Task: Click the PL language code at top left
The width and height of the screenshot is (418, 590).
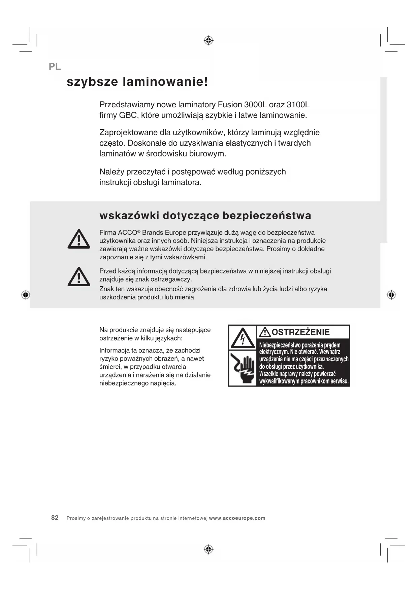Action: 55,67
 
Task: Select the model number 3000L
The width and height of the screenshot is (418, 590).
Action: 255,105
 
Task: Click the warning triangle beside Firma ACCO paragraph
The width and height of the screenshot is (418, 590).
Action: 79,239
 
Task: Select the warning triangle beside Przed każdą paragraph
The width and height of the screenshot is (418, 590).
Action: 79,277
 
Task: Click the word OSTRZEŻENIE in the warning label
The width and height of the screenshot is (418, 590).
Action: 300,332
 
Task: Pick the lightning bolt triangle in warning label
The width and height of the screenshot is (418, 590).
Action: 243,338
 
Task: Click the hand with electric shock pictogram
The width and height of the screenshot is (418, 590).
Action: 243,368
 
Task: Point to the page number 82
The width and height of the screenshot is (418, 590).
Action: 55,518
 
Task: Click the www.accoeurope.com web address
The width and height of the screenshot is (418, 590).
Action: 237,518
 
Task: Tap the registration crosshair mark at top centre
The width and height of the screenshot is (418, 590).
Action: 209,41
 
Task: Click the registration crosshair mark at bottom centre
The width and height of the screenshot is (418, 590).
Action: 209,549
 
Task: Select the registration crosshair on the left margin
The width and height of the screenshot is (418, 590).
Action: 26,295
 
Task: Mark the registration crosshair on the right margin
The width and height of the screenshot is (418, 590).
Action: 391,295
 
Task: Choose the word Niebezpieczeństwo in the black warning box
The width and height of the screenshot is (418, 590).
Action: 280,345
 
